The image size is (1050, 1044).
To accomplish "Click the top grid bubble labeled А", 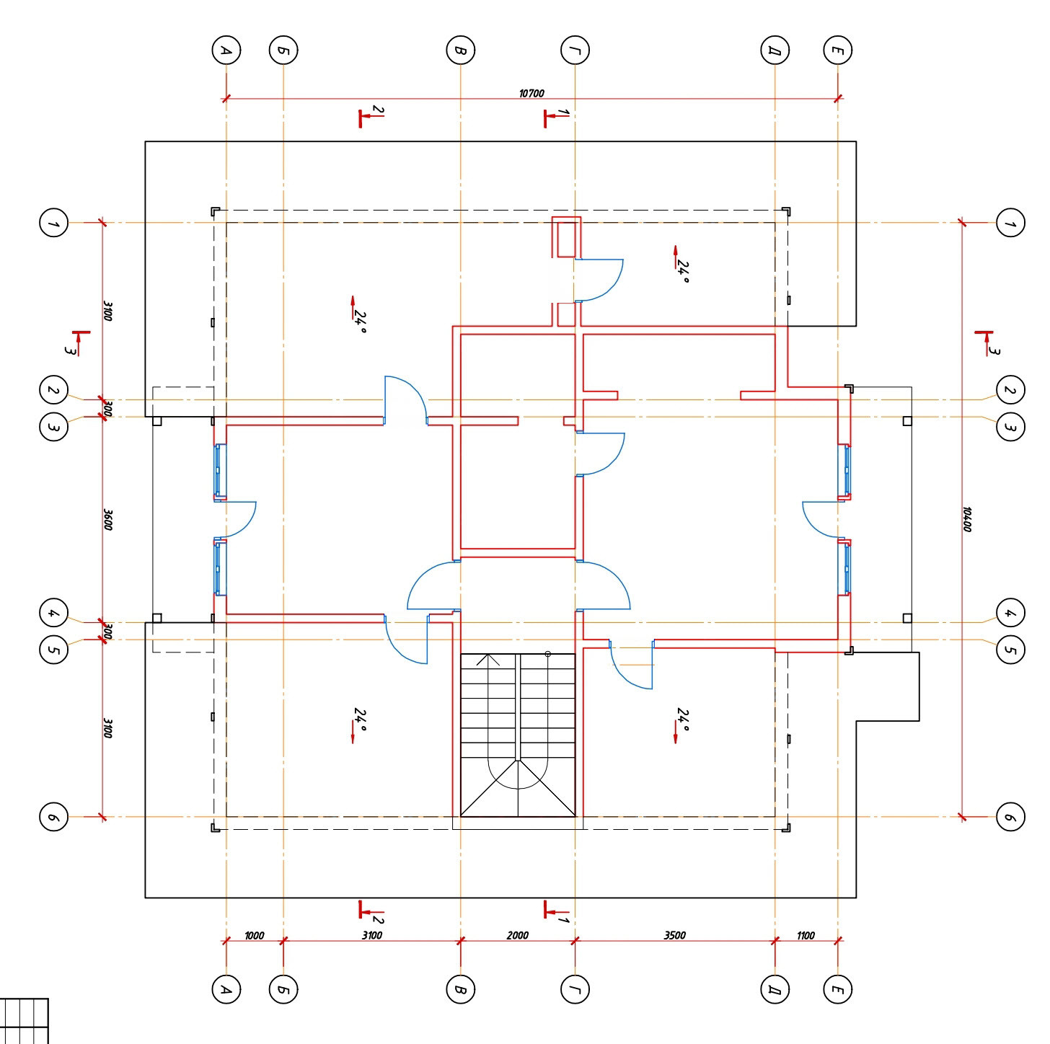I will click(226, 50).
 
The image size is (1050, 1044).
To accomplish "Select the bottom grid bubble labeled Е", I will click(837, 989).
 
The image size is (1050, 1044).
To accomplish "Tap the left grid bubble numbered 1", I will click(53, 223).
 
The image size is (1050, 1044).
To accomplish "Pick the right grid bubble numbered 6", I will click(1010, 817).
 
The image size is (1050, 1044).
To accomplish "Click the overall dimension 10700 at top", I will click(531, 94).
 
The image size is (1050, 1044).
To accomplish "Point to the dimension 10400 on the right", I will click(968, 519).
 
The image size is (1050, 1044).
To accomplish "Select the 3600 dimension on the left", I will click(107, 519).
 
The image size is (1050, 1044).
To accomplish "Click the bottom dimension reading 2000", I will click(517, 935).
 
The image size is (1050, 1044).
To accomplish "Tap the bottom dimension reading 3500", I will click(674, 935).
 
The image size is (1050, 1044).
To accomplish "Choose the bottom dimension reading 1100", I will click(806, 935).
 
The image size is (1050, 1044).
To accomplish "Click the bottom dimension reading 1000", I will click(254, 935).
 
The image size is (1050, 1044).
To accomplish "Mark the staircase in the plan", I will click(518, 735).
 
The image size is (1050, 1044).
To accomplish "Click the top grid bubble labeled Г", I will click(575, 50).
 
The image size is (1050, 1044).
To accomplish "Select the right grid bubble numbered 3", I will click(1010, 426).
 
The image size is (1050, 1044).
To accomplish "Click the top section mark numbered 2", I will click(369, 115).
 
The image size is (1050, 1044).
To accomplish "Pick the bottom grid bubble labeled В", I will click(460, 989).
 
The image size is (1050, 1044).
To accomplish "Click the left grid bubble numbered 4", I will click(53, 614).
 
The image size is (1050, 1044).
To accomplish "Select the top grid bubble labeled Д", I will click(775, 50).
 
